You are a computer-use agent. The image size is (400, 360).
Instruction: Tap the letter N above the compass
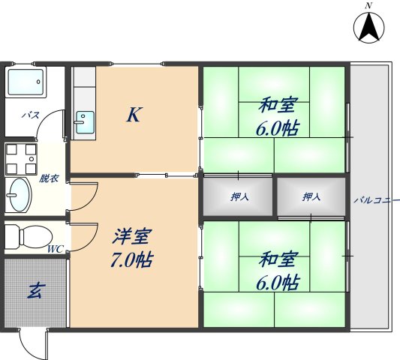click(x=368, y=6)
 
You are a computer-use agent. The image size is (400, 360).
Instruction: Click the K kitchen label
click(x=134, y=115)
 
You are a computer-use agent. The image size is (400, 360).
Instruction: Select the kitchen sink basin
click(x=85, y=120)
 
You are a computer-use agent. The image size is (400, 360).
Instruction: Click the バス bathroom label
click(x=30, y=115)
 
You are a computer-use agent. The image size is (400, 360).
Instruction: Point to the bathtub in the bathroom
click(x=26, y=85)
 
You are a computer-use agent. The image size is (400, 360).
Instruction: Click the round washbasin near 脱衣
click(x=19, y=196)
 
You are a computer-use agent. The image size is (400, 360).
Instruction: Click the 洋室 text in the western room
click(x=133, y=238)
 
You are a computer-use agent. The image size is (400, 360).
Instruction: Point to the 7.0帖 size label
click(x=133, y=261)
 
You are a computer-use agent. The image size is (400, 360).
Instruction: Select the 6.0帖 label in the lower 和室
click(x=279, y=283)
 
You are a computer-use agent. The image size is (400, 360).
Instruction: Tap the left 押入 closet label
click(x=239, y=197)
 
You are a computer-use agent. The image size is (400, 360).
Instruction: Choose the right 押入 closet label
click(x=311, y=197)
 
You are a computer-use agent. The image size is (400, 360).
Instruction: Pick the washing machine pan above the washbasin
click(x=20, y=158)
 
